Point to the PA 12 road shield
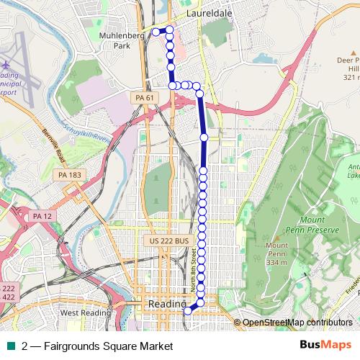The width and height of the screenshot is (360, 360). click(x=42, y=215)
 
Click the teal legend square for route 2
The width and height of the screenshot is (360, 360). click(x=12, y=346)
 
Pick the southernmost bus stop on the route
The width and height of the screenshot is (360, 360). click(x=187, y=312)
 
